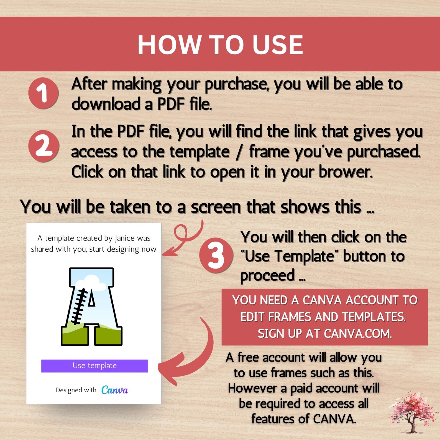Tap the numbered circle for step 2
click(44, 146)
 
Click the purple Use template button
click(94, 366)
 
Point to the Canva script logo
click(114, 390)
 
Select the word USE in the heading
click(278, 45)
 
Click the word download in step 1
click(106, 104)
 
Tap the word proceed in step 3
click(267, 275)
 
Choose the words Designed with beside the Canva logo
click(76, 390)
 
